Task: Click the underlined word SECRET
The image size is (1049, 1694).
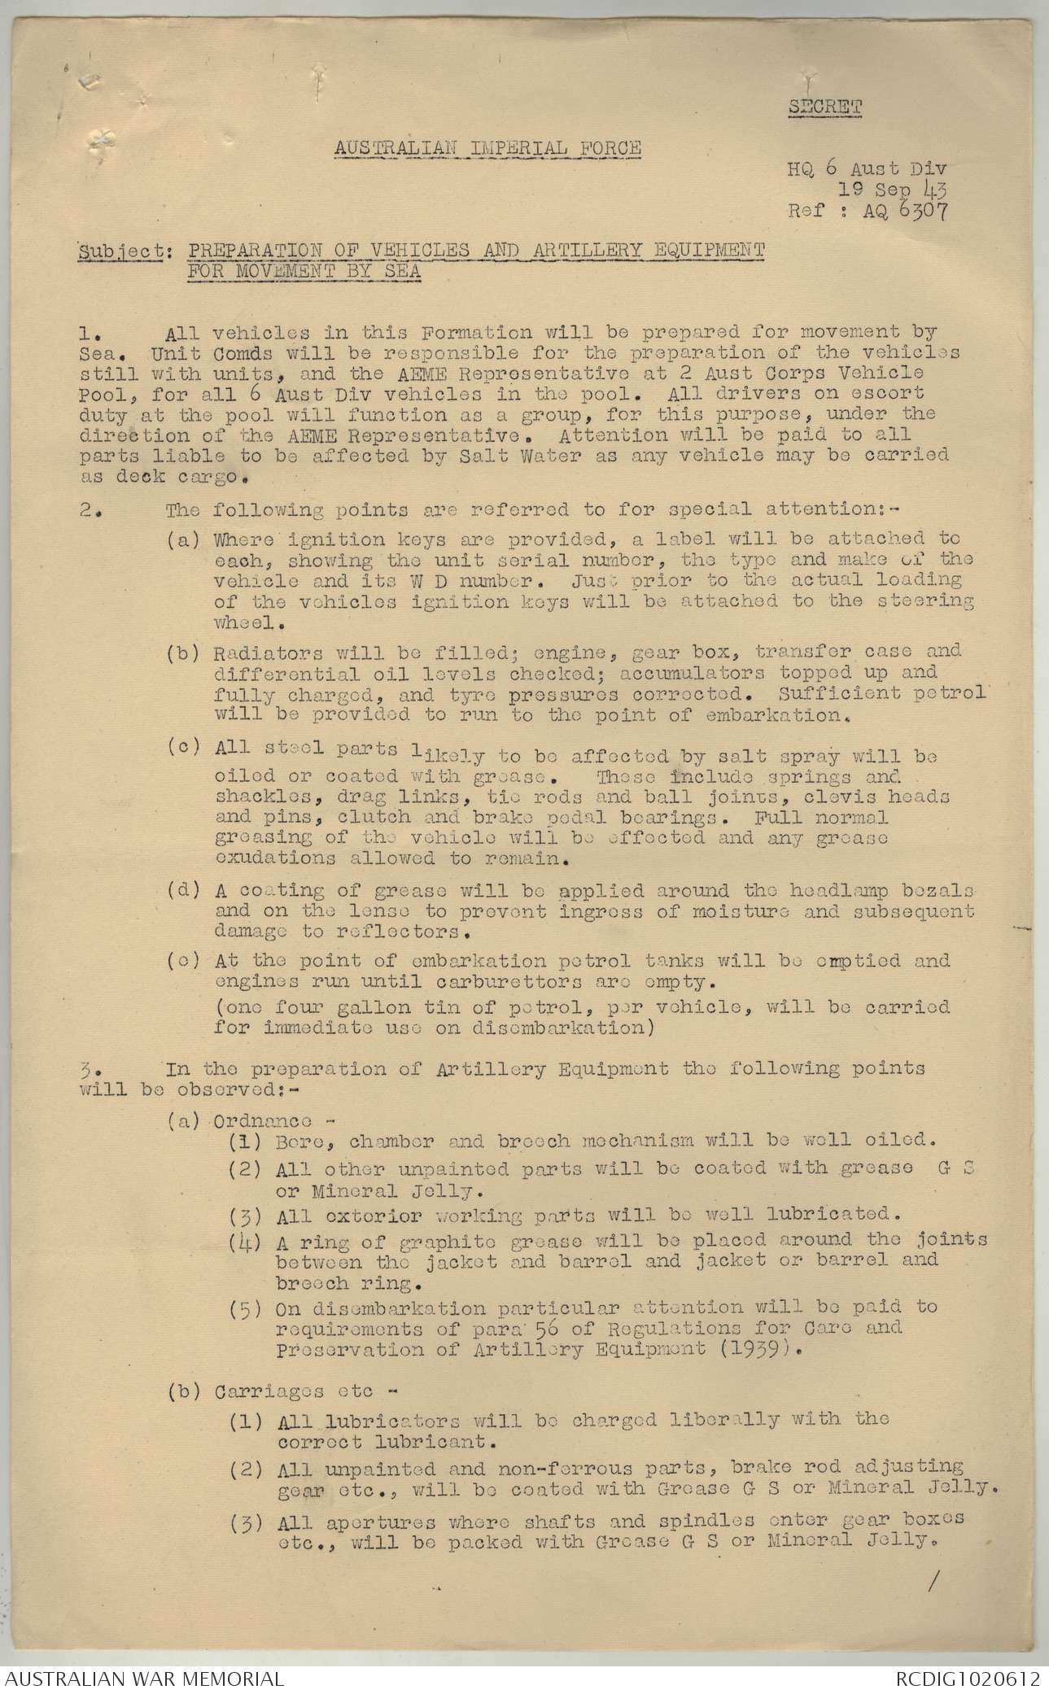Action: click(824, 106)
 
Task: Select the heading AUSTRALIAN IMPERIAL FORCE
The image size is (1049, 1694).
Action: click(487, 148)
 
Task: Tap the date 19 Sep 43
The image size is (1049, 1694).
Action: click(893, 190)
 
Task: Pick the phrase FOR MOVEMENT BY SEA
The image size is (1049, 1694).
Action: click(304, 271)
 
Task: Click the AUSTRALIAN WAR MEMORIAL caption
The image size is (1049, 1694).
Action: click(144, 1678)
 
